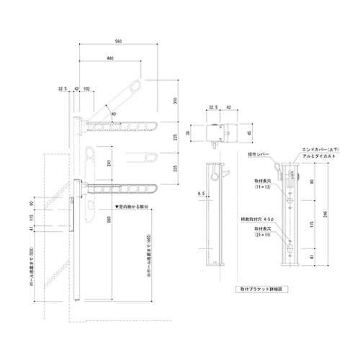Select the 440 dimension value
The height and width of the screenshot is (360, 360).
[x=109, y=57]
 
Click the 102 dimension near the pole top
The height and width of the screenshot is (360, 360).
[x=86, y=89]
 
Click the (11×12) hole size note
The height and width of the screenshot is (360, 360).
[x=261, y=186]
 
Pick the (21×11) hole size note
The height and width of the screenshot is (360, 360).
[x=261, y=235]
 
